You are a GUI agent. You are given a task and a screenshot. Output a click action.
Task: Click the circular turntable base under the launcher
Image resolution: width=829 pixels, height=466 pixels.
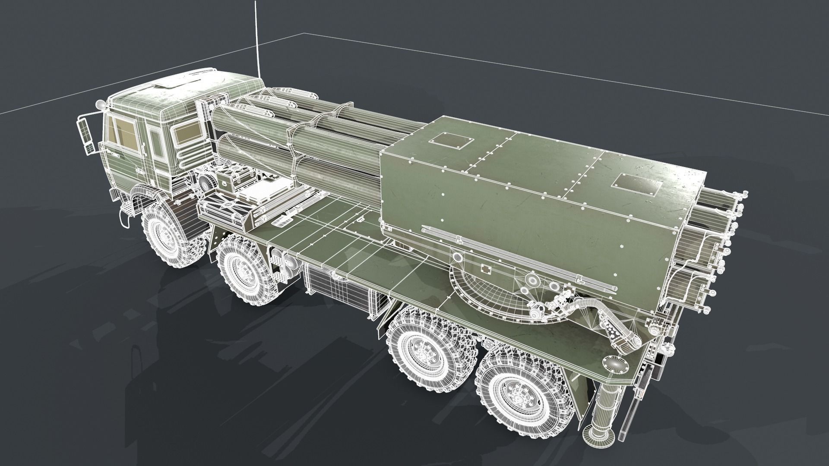coord(488,293)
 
